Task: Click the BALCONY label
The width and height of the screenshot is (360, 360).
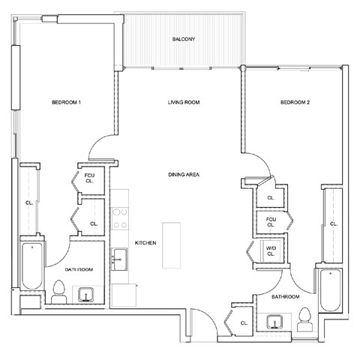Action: tap(183, 39)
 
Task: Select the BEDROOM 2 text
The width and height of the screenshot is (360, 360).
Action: tap(295, 103)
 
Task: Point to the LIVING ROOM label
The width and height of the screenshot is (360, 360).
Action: tap(183, 103)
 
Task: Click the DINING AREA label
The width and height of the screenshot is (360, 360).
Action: tap(183, 175)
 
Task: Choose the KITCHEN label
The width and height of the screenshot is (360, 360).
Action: tap(145, 243)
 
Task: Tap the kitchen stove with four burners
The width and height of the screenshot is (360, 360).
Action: tap(120, 218)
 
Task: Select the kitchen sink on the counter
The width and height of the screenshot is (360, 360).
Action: tap(120, 261)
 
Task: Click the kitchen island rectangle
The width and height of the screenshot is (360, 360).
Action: tap(172, 244)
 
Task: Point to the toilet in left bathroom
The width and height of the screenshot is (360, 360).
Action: tap(59, 291)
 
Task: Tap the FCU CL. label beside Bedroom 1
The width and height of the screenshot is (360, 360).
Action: tap(88, 178)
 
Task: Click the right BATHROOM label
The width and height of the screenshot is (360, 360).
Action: tap(285, 298)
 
